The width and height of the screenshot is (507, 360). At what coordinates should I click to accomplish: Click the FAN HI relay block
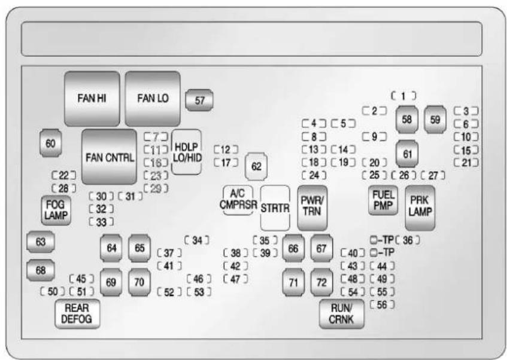tap(92, 99)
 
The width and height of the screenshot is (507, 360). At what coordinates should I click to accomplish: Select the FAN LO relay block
tap(153, 99)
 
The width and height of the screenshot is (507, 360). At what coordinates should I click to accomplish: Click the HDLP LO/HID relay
tap(186, 151)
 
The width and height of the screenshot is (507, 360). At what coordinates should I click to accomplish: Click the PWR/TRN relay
tap(311, 207)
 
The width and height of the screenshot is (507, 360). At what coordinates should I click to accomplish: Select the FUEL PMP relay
tap(382, 200)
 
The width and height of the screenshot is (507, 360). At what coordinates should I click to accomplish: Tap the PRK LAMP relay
tap(420, 208)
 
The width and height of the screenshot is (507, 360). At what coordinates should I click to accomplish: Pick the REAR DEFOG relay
tap(77, 314)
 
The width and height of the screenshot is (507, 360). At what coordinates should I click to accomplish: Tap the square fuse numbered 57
tap(200, 100)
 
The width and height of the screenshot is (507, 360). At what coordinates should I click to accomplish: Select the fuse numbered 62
tap(257, 166)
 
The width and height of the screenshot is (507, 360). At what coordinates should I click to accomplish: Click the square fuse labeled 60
tap(50, 143)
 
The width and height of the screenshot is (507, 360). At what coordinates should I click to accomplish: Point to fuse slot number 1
tap(404, 95)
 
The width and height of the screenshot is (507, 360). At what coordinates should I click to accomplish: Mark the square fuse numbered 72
tap(321, 283)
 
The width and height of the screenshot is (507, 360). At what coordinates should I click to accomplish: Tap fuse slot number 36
tap(408, 240)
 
